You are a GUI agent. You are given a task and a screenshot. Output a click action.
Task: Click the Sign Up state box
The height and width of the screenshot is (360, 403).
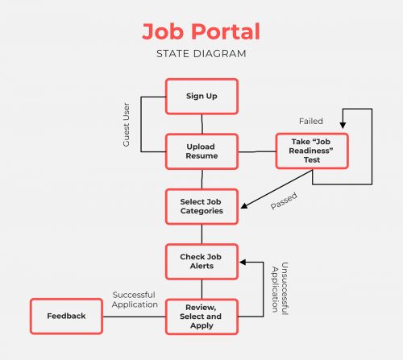tap(201, 97)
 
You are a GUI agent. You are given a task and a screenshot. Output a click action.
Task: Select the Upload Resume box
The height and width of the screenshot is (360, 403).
tap(201, 151)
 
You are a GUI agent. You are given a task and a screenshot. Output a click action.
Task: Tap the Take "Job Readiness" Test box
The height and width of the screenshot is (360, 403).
tap(313, 151)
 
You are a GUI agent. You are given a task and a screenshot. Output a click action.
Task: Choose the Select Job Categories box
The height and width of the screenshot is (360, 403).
tap(201, 206)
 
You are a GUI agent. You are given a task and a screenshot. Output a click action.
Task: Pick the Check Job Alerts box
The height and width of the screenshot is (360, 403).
tap(201, 261)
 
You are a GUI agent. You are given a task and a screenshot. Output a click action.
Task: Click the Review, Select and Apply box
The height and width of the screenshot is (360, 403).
tap(201, 316)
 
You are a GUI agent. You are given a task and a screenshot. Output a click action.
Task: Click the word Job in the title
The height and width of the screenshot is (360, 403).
tap(160, 32)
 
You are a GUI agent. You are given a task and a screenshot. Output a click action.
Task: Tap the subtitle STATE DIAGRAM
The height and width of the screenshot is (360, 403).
tap(201, 55)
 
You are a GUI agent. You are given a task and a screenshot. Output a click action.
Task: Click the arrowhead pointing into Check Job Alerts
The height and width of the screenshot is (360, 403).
tap(244, 261)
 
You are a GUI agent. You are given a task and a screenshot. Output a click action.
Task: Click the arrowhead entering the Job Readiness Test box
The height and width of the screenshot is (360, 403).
tap(343, 126)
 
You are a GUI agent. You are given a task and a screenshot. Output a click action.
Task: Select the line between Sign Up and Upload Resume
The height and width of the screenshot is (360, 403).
tap(201, 123)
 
